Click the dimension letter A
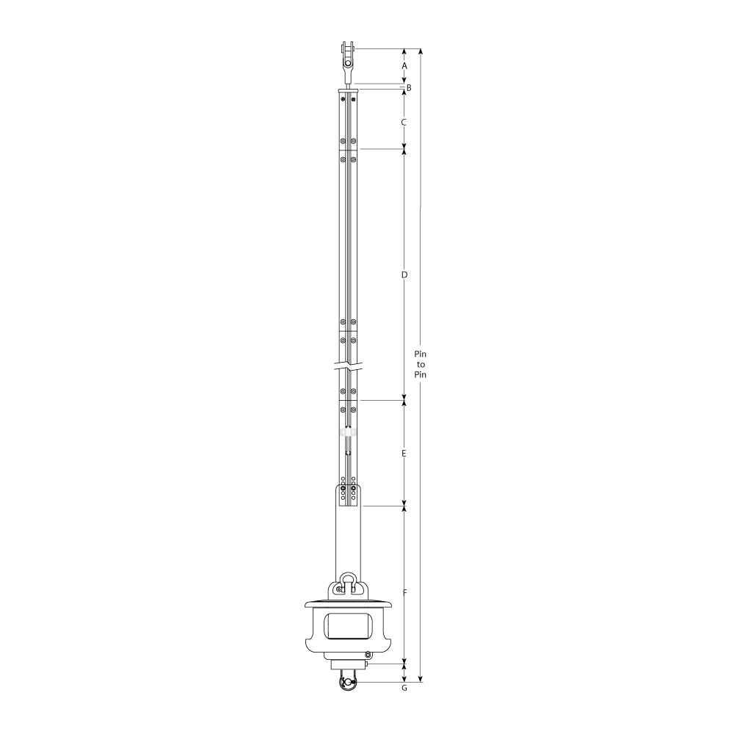404,66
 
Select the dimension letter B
409,88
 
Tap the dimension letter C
404,122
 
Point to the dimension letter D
404,275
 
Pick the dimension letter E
404,454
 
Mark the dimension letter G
404,688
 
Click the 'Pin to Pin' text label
421,364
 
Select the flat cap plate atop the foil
348,91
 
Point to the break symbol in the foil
348,365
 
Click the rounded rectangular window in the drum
348,627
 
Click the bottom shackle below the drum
347,682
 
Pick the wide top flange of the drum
348,605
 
